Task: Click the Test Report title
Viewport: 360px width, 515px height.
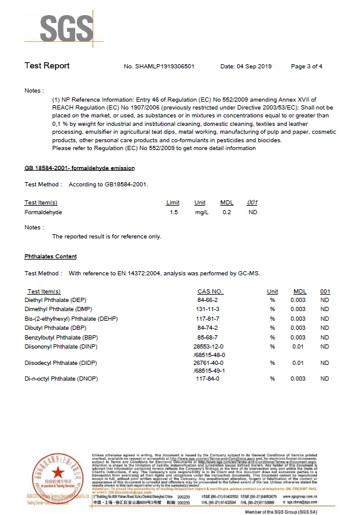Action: [47, 66]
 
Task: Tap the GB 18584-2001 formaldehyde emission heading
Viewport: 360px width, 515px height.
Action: [79, 168]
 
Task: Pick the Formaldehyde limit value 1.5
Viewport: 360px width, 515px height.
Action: [174, 212]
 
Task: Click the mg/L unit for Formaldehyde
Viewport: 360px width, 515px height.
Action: [200, 212]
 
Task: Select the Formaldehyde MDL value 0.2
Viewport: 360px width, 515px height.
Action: [227, 212]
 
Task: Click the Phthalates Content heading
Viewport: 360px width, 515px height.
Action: [50, 257]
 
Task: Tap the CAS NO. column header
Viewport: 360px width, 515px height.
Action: [211, 292]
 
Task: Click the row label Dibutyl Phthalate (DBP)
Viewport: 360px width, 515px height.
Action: [55, 327]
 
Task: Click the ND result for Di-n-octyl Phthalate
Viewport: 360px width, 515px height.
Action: [325, 379]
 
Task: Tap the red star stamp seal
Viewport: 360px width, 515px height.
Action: [56, 472]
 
